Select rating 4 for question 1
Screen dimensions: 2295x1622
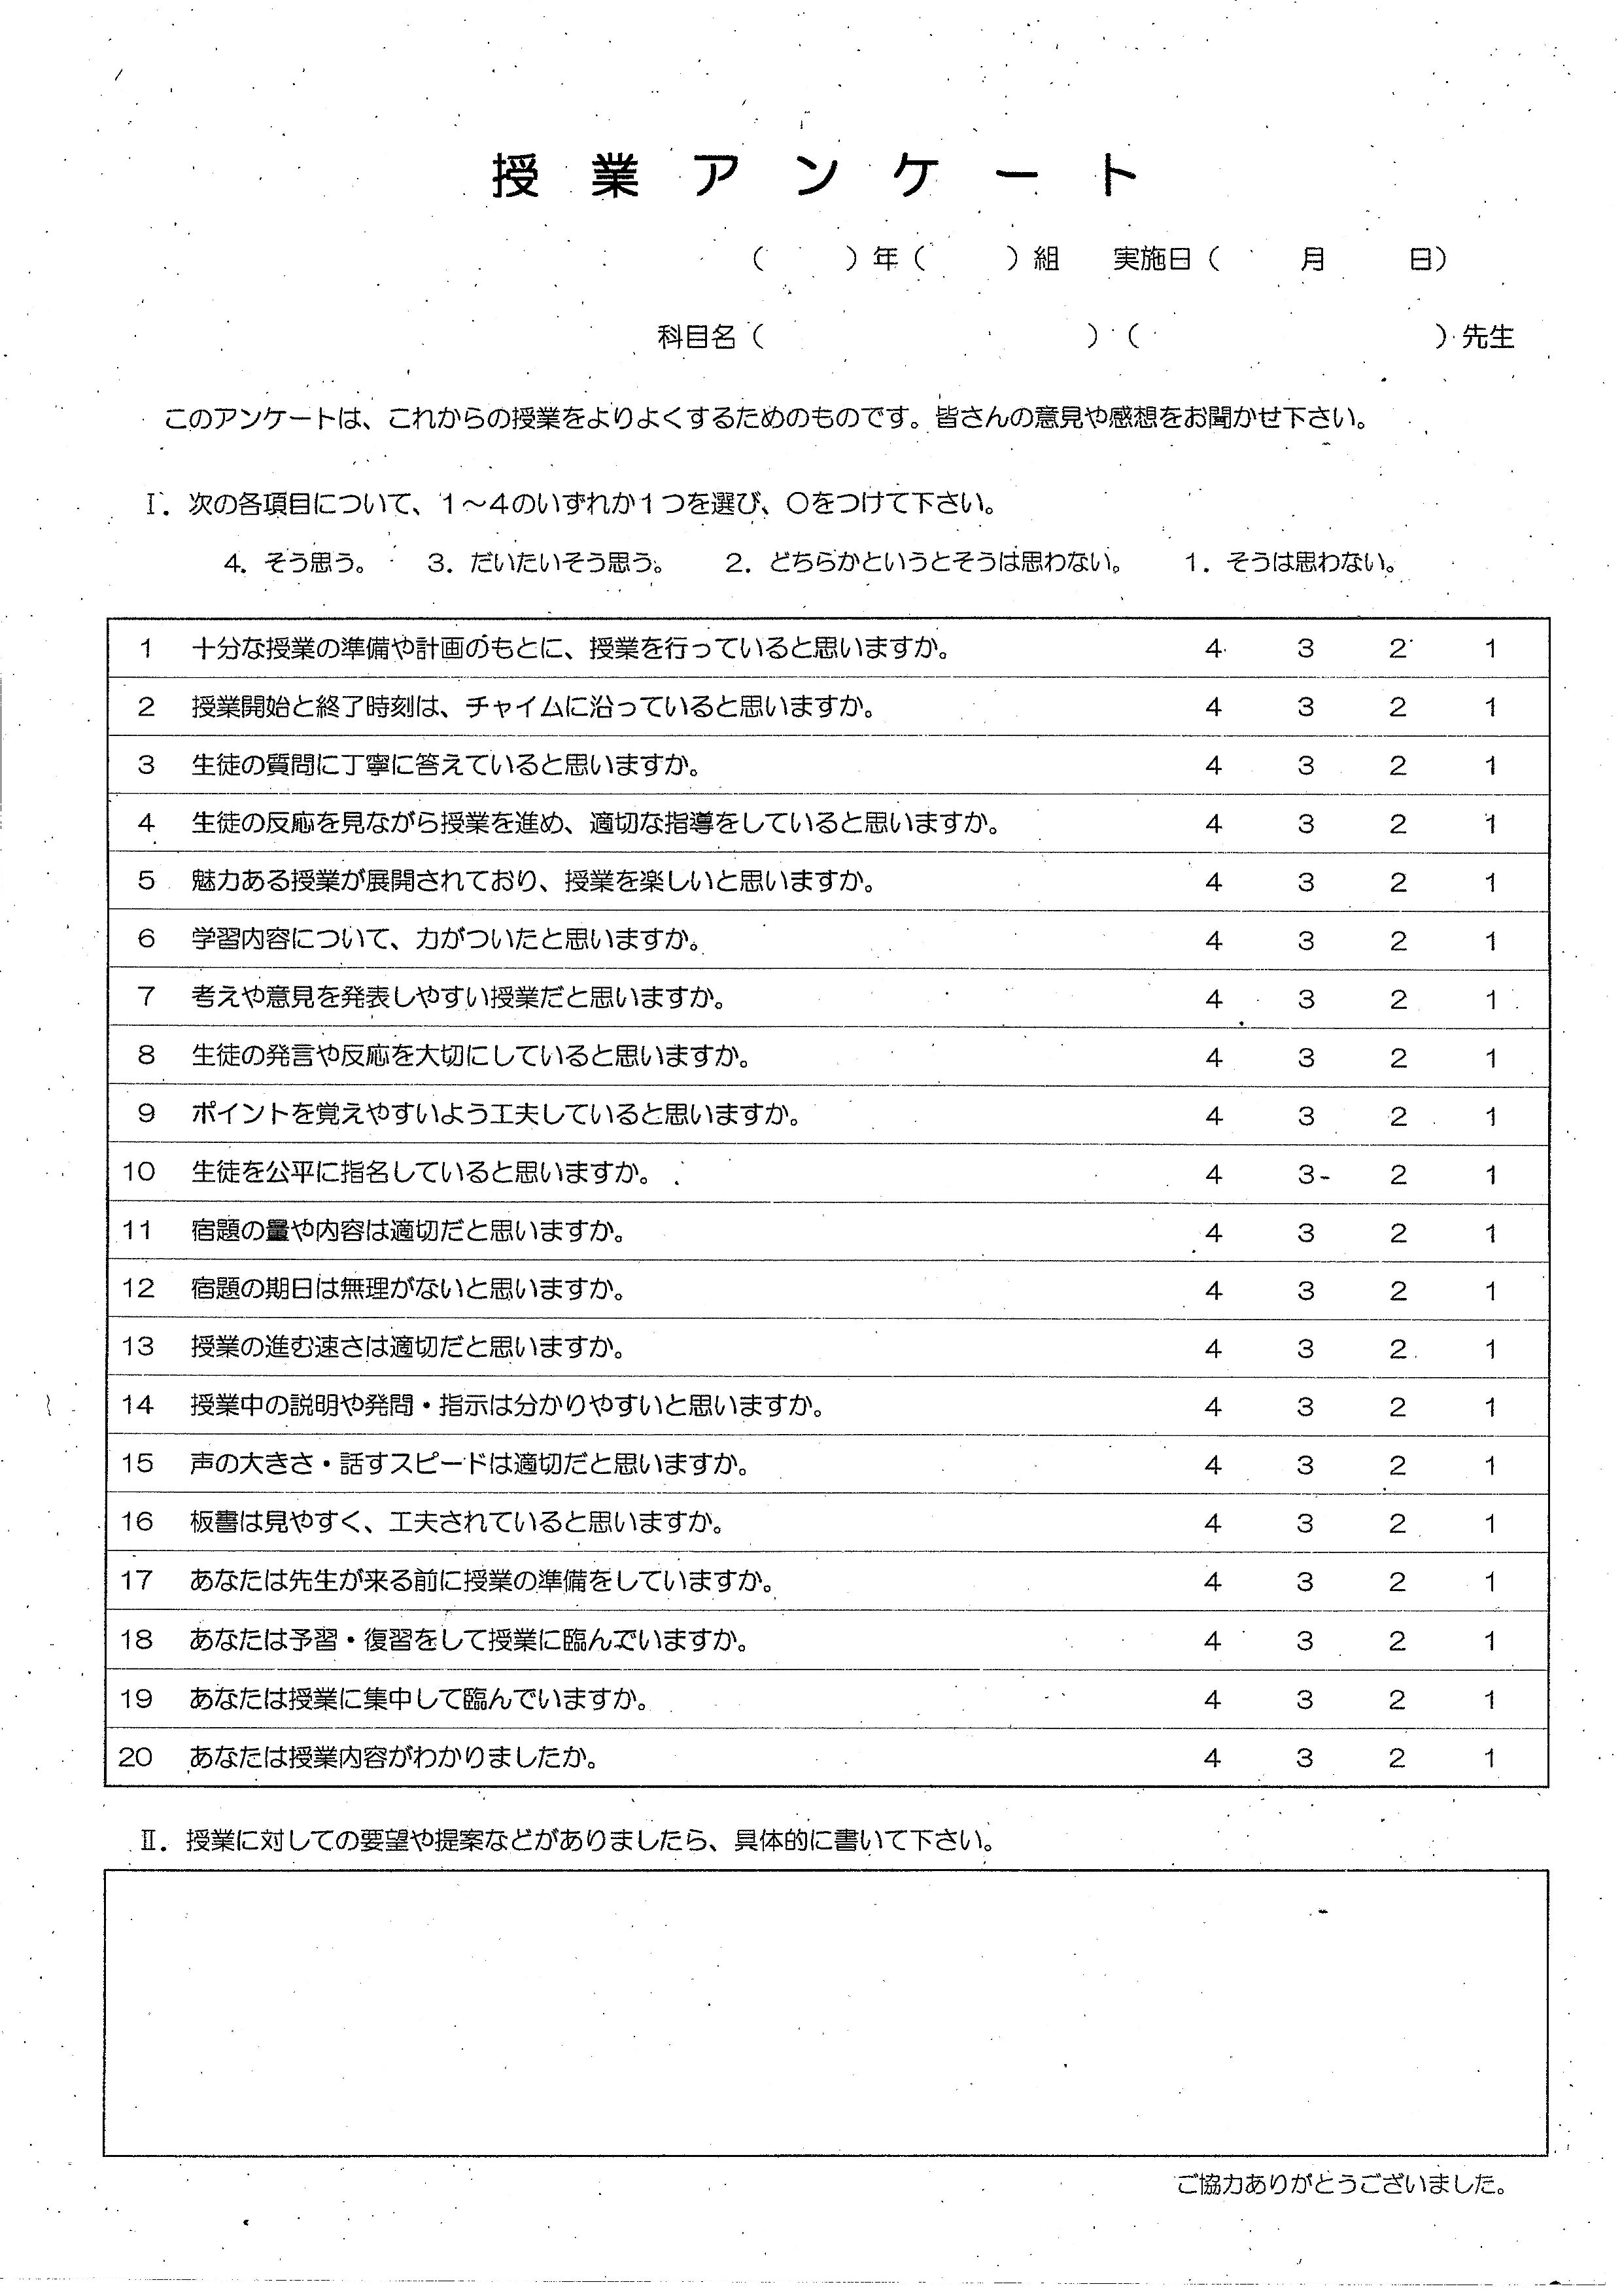coord(1213,649)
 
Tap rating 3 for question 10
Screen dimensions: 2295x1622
coord(1305,1174)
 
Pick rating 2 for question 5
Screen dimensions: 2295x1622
coord(1397,883)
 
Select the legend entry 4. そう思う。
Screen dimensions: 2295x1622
coord(295,563)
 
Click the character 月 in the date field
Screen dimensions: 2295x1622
coord(1311,259)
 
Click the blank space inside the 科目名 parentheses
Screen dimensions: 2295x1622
coord(924,337)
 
